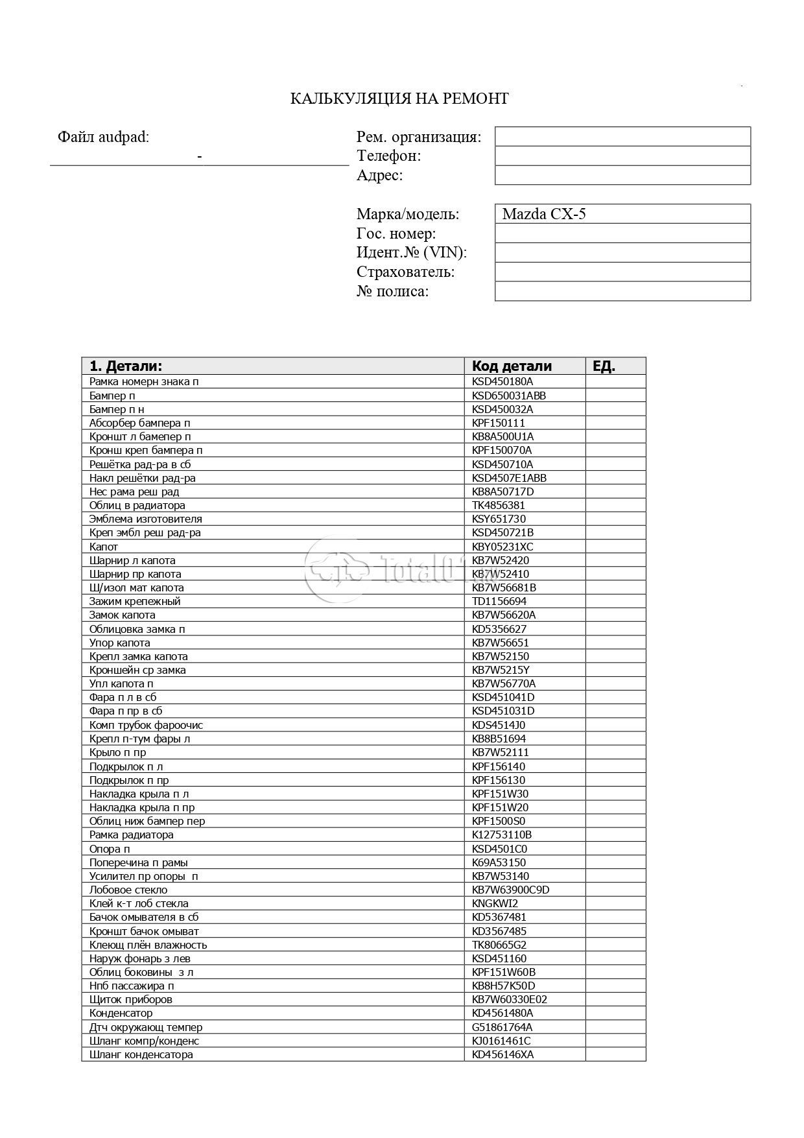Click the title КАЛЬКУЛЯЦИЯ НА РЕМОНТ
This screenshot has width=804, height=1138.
(399, 99)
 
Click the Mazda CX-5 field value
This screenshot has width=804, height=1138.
(543, 214)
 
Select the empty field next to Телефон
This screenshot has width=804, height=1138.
(622, 156)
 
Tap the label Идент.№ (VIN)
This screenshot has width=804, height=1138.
(411, 253)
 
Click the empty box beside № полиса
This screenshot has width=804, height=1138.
(622, 292)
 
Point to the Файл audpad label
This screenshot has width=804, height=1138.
(103, 137)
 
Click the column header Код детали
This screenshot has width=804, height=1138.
(512, 366)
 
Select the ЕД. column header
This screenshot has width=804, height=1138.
(604, 366)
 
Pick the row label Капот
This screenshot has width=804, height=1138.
(104, 547)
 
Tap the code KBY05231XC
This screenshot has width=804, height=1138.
(503, 547)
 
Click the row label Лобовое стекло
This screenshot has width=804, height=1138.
(128, 890)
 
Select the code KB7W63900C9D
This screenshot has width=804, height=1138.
(510, 890)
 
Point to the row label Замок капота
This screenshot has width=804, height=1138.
(123, 615)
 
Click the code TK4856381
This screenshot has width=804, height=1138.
(499, 505)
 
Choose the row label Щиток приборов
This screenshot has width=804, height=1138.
(131, 999)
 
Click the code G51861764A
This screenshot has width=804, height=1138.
(503, 1027)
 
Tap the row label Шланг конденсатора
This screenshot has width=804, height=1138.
(141, 1054)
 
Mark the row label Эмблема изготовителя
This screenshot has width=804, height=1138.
(146, 519)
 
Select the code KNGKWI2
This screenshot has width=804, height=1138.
(495, 903)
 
